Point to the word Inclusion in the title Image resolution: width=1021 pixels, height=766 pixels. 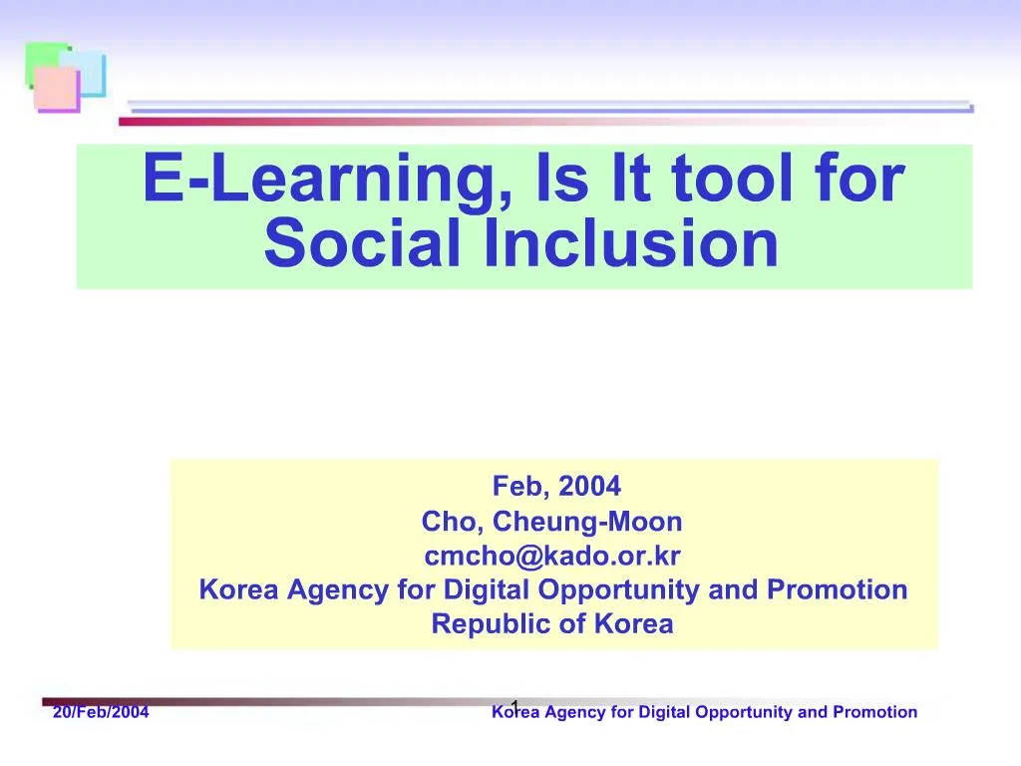coord(630,243)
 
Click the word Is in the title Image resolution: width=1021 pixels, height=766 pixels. coord(563,180)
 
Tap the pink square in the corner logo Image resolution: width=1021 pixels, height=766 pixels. coord(56,90)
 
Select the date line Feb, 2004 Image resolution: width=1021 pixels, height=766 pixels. coord(556,486)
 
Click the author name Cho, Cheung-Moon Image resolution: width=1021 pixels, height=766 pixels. coord(551,521)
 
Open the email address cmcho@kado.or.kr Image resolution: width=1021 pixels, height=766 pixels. coord(551,555)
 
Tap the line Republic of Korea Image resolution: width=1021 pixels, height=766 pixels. coord(551,624)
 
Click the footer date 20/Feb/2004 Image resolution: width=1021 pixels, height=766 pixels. coord(101,712)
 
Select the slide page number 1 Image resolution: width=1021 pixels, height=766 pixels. coord(514,707)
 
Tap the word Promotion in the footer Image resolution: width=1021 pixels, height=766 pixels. coord(874,712)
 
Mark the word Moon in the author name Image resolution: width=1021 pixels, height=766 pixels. coord(652,521)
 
